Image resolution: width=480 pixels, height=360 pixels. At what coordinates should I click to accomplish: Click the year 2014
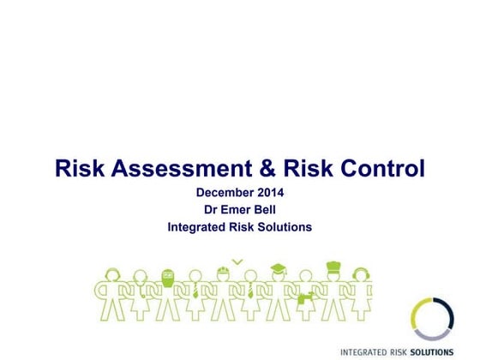click(x=268, y=193)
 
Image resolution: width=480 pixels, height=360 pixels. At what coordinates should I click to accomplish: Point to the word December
click(x=224, y=193)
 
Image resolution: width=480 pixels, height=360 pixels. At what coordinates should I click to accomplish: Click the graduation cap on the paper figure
click(x=278, y=269)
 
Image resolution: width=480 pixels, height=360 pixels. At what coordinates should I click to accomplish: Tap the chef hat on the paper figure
click(x=333, y=267)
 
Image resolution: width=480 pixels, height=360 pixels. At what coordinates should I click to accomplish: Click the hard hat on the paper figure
click(x=222, y=273)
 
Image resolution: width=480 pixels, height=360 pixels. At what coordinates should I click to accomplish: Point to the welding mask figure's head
click(x=168, y=277)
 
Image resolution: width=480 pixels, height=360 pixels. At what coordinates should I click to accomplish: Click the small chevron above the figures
click(x=237, y=261)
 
